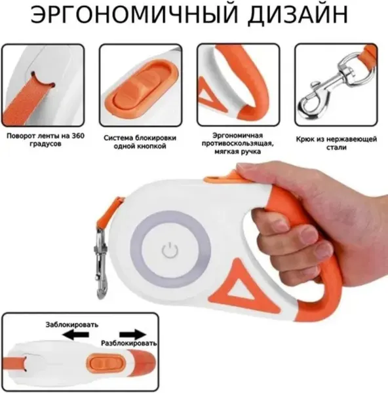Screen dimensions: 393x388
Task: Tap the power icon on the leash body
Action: pyautogui.click(x=170, y=250)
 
